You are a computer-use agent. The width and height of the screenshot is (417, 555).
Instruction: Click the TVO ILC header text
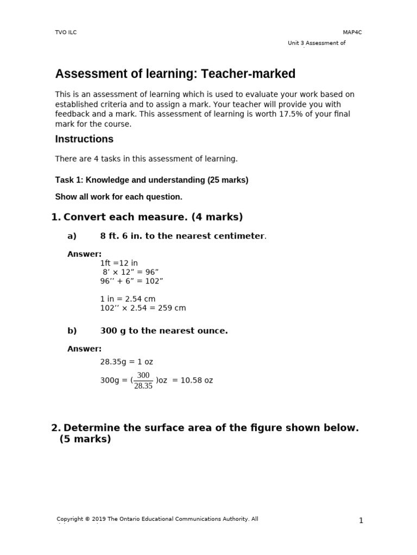point(66,33)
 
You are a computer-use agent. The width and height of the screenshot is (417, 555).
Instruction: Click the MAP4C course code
point(352,33)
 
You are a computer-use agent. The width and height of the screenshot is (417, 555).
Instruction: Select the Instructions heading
point(84,139)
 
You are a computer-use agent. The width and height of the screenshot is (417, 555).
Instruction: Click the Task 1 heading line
point(151,180)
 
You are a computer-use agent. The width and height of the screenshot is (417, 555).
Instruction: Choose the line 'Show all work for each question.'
point(118,197)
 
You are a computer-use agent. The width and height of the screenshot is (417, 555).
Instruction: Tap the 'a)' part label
point(72,236)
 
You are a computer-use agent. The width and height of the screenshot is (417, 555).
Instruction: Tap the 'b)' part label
point(72,331)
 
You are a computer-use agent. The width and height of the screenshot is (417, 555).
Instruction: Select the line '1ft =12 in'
point(119,263)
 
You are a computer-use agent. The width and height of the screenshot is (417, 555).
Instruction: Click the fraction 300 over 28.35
point(143,380)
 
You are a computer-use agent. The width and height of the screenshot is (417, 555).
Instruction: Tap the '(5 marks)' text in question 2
point(85,439)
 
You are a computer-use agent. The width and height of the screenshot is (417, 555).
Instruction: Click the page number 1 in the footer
point(361,521)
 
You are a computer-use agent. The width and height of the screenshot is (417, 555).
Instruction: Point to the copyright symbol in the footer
point(87,519)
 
